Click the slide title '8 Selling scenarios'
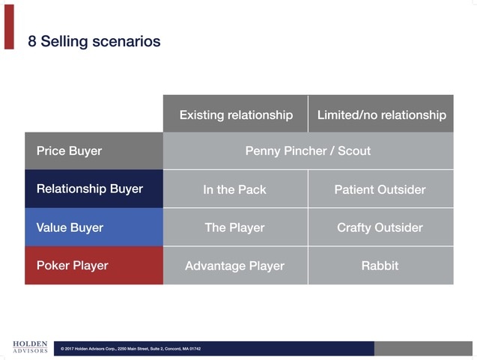pos(94,41)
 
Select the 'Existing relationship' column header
pos(236,115)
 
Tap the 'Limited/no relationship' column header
pos(381,115)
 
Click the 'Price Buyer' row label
pos(69,151)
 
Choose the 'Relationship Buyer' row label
pos(89,189)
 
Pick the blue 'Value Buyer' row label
pos(70,228)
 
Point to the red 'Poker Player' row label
pos(72,266)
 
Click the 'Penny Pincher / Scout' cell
pos(308,151)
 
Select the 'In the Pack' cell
pos(235,189)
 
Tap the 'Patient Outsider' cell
pos(380,189)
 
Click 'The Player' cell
pos(235,228)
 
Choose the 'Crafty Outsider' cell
pos(380,228)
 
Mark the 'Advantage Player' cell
pos(235,266)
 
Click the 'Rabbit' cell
pos(380,266)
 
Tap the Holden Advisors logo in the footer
pos(30,346)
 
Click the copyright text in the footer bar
pos(131,349)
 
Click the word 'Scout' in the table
pos(353,151)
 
